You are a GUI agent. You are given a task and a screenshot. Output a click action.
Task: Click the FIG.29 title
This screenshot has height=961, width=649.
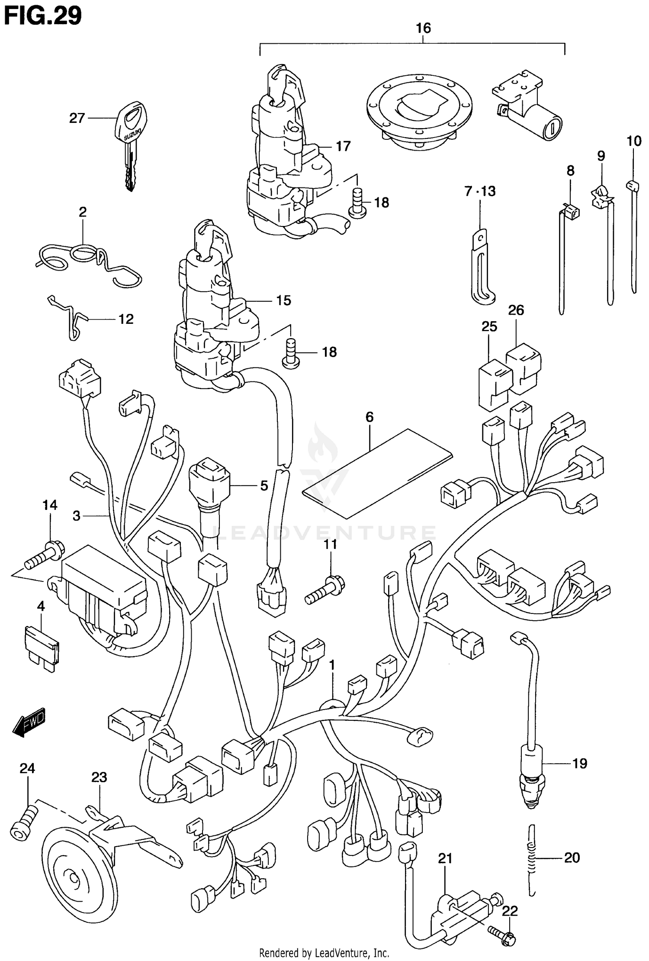(42, 16)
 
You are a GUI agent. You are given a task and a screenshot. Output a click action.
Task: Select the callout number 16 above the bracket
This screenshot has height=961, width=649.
(423, 29)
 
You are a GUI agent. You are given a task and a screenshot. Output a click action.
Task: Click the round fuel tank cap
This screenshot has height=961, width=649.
(419, 112)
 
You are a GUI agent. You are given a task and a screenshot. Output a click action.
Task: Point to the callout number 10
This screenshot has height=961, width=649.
(634, 141)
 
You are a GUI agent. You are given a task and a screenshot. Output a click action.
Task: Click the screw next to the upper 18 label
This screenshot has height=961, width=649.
(358, 202)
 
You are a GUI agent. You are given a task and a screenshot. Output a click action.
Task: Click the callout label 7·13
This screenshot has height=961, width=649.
(480, 191)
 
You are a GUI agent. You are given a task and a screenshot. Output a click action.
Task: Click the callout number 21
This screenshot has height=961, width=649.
(445, 858)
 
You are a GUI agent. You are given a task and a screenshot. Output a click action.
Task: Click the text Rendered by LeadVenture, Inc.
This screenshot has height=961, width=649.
(324, 953)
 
